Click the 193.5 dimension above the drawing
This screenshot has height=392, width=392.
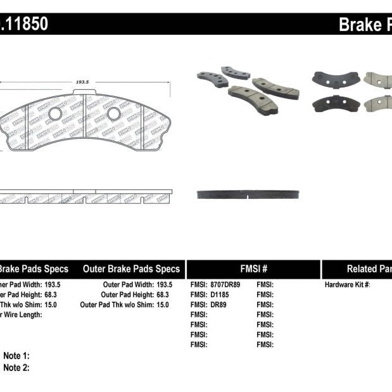coord(82,82)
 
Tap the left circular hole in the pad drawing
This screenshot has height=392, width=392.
coord(55,114)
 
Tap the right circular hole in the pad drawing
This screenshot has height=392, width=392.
coord(114,114)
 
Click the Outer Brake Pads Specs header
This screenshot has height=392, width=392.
coord(131,269)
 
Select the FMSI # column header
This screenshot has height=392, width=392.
coord(253,269)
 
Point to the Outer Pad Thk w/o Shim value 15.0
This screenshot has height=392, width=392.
coord(162,305)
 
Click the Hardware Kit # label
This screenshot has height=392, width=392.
coord(347,285)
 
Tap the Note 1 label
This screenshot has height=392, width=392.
coord(16,356)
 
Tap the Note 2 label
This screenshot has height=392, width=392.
coord(16,367)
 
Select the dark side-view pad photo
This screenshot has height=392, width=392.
coord(248,194)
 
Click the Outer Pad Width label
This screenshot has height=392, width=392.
coord(126,285)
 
